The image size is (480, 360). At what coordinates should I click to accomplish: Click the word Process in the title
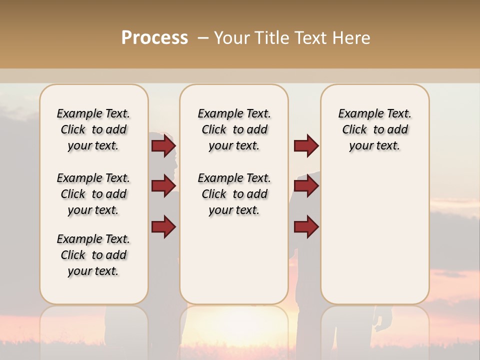[154, 37]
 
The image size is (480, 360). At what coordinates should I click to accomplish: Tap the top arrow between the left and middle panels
[163, 146]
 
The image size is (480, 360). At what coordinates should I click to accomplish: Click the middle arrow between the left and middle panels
[163, 186]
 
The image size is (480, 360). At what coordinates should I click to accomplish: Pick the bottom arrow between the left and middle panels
[163, 226]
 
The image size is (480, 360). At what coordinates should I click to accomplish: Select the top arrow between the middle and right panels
[306, 146]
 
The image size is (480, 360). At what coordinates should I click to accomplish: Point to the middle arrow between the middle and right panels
[306, 186]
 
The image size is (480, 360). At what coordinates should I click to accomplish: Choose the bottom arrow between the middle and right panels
[306, 227]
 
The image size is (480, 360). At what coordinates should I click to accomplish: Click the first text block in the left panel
[93, 129]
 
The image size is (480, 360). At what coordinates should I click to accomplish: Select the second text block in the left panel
[93, 194]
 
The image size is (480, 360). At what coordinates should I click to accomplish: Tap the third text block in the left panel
[93, 255]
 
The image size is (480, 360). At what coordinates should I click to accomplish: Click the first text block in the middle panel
[234, 129]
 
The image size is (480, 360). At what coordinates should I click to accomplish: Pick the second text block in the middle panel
[234, 194]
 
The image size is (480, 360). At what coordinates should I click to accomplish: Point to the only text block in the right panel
[374, 129]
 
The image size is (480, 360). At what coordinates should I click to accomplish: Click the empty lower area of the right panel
[374, 235]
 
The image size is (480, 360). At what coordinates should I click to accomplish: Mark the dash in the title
[203, 38]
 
